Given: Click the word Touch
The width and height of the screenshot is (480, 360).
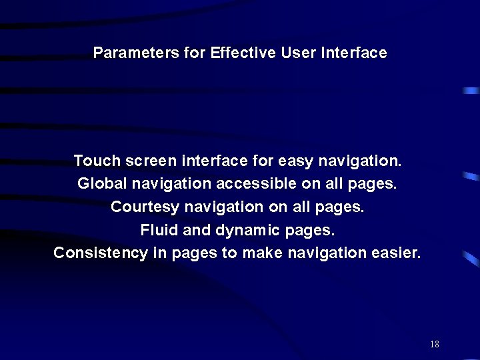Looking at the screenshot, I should [97, 161].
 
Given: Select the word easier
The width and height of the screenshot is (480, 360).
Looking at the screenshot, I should [398, 253].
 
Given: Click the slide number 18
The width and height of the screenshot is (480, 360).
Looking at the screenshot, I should [435, 345].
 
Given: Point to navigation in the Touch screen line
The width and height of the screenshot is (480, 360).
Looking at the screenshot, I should [360, 161].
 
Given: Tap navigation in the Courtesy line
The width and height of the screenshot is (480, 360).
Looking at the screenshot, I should [224, 207].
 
